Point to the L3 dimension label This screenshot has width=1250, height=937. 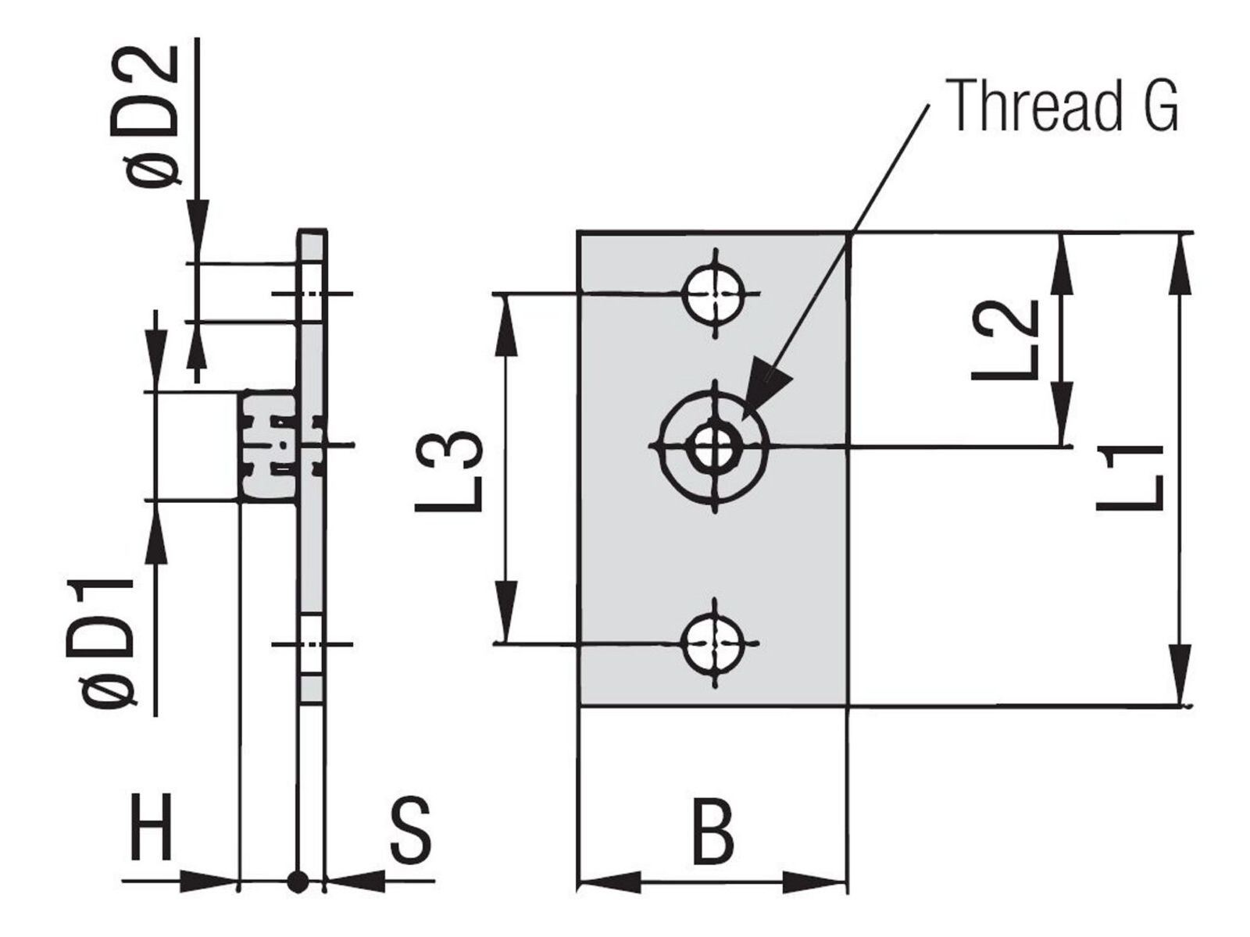(449, 471)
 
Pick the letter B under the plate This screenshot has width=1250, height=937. (713, 831)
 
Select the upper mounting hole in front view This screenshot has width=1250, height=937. (714, 294)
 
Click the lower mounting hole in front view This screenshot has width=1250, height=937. (714, 643)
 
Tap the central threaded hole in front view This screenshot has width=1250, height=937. (714, 446)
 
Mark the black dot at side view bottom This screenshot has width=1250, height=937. (298, 898)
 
